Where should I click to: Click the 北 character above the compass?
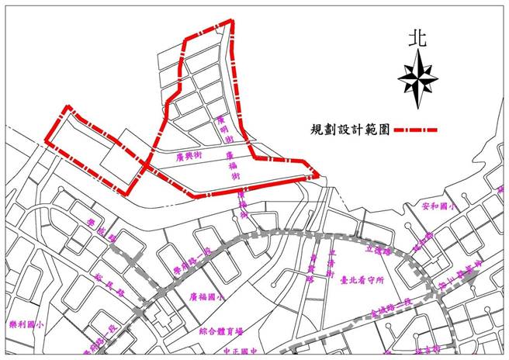point(419,36)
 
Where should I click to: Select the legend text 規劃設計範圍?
point(346,130)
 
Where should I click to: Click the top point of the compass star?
point(419,52)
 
